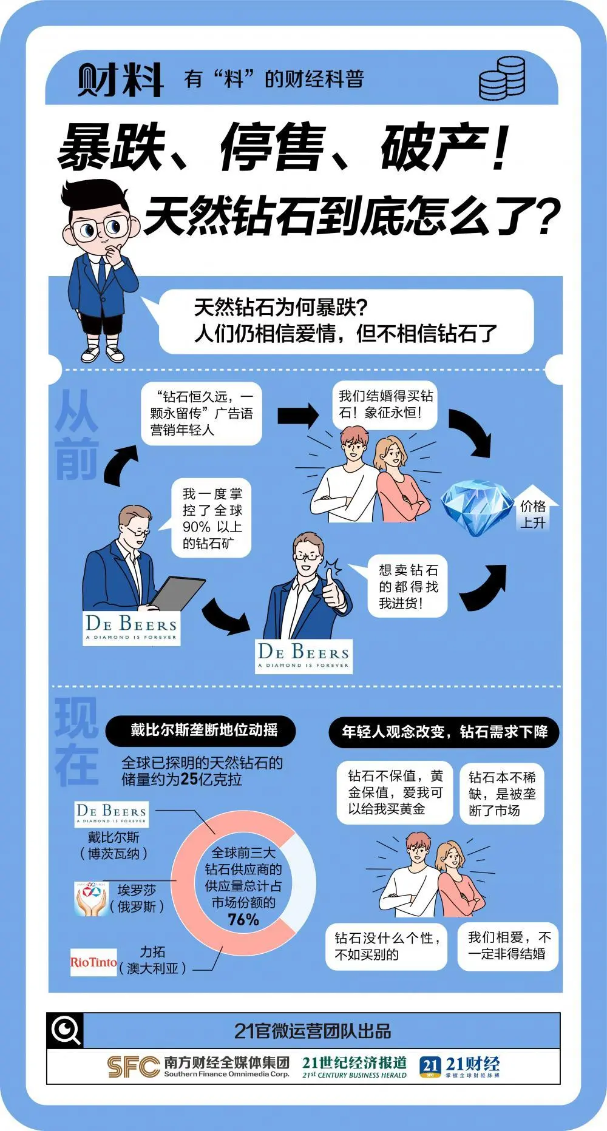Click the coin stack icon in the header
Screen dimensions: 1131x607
tap(502, 78)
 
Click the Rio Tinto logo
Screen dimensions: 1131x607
tap(93, 962)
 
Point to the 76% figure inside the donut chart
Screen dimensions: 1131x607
tap(243, 920)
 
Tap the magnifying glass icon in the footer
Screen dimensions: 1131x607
tap(66, 1030)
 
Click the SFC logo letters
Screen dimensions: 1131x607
tap(133, 1066)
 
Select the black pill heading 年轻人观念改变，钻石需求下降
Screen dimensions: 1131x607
tap(444, 732)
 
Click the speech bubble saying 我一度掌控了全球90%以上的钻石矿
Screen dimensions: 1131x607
tap(212, 518)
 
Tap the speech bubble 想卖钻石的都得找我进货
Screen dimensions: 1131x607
tap(408, 586)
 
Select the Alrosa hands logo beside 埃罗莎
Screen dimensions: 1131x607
tap(90, 899)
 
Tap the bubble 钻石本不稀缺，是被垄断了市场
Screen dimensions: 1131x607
tap(502, 794)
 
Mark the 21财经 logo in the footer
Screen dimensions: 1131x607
tap(459, 1066)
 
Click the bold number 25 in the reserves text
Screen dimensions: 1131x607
tap(189, 779)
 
